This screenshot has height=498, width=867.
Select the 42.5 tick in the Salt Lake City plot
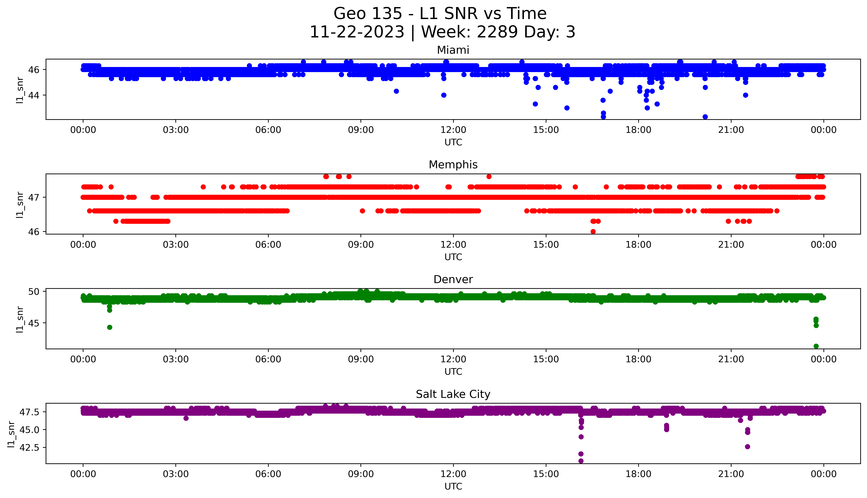30,447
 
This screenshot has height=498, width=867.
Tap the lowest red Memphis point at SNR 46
593,232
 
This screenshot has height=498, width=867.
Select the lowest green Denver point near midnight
816,346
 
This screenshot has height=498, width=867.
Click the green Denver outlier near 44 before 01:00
109,327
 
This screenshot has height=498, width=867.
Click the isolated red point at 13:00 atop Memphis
489,177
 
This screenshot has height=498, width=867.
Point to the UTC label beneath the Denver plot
453,371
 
